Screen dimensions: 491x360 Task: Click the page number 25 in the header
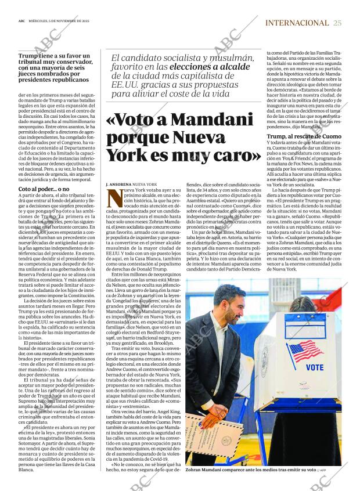337,23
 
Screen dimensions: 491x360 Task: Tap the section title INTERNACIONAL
297,23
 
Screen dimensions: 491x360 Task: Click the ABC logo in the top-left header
21,23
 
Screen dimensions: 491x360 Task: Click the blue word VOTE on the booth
314,367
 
